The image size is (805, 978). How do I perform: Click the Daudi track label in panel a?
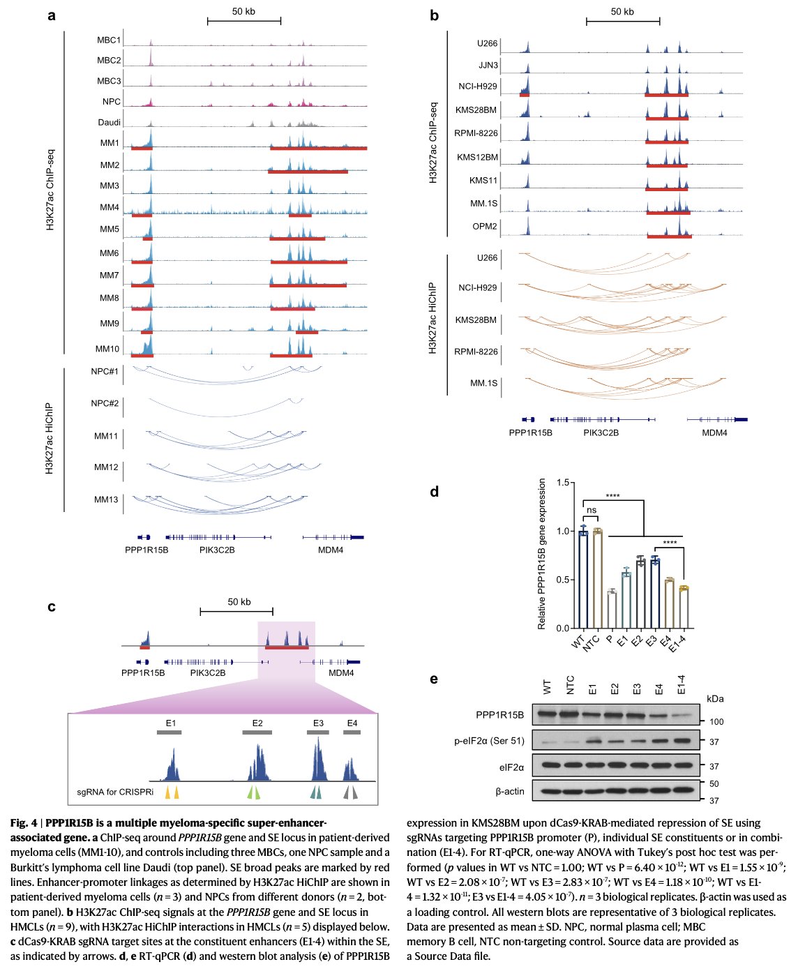pos(109,122)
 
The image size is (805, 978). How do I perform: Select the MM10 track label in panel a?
pos(107,349)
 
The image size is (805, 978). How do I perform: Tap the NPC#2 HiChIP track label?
pos(105,403)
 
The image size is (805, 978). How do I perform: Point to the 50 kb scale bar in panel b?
pos(623,21)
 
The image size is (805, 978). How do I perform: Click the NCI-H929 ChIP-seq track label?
pos(478,86)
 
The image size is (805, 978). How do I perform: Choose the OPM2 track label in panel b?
pos(485,226)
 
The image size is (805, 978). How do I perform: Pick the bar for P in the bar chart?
pos(612,610)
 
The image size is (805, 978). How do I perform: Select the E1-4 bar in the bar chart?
pos(684,608)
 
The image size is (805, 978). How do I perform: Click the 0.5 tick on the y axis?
pos(562,580)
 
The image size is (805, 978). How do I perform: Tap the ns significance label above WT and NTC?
pos(592,510)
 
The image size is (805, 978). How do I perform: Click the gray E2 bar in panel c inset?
pos(257,732)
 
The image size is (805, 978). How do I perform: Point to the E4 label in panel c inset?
pos(352,723)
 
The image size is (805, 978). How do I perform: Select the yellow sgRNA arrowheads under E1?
pos(172,792)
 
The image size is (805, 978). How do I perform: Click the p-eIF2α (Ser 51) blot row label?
pos(489,741)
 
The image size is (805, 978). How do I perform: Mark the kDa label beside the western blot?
pos(715,699)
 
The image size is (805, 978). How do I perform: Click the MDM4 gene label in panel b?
pos(714,432)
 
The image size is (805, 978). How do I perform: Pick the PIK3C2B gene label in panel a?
pos(217,550)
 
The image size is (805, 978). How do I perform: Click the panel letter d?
pos(435,492)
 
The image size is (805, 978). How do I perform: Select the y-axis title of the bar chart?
pos(541,554)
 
